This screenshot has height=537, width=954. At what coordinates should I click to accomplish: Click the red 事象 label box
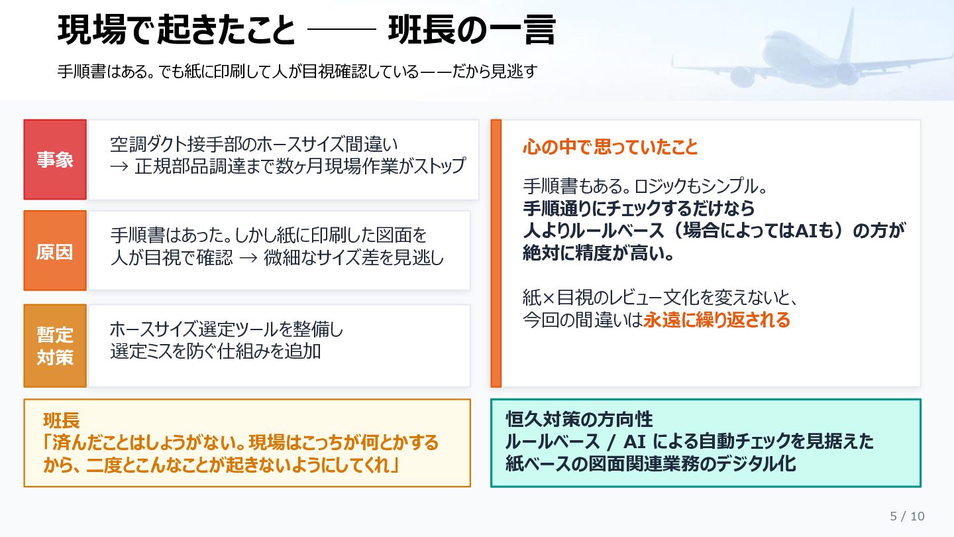point(55,160)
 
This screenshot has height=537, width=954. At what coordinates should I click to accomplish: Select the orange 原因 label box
point(55,251)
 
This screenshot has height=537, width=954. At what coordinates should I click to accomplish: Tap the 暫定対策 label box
point(55,345)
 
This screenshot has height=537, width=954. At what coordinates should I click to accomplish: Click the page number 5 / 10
point(907,516)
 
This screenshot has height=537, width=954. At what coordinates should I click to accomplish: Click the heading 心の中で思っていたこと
point(610,147)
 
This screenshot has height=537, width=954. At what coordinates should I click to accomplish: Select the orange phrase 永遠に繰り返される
point(717,320)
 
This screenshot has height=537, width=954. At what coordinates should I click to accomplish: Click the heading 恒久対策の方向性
point(579,419)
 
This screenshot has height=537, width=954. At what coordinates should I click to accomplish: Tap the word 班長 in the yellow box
point(62,420)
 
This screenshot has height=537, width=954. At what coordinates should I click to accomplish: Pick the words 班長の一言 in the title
point(471,30)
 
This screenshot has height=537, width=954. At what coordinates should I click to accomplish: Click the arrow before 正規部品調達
point(119,166)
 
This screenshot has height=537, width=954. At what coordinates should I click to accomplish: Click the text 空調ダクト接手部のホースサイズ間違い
point(254,143)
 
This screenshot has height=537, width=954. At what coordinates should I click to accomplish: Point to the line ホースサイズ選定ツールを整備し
point(227,329)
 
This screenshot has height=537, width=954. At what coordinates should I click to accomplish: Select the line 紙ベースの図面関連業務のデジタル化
point(651,463)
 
